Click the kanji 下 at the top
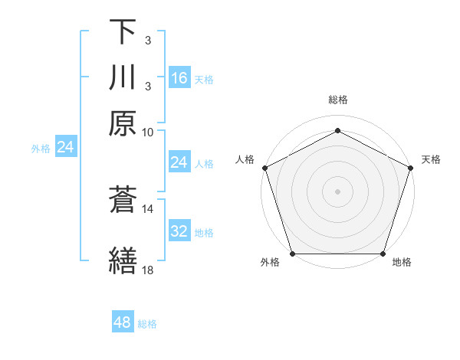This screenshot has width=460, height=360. pyautogui.click(x=123, y=32)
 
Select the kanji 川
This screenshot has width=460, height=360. pyautogui.click(x=123, y=77)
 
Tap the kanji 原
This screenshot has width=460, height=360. pyautogui.click(x=123, y=123)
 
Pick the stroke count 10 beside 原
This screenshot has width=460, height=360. pyautogui.click(x=149, y=132)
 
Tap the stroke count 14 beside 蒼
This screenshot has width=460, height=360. pyautogui.click(x=149, y=208)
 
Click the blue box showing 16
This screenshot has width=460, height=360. pyautogui.click(x=179, y=78)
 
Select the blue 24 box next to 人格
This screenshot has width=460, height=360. pyautogui.click(x=179, y=162)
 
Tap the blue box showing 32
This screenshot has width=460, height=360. pyautogui.click(x=179, y=231)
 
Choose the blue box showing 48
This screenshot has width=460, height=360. pyautogui.click(x=123, y=322)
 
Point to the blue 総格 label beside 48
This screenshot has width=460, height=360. pyautogui.click(x=147, y=324)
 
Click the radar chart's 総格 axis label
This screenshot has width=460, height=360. pyautogui.click(x=338, y=100)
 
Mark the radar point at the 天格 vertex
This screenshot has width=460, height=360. pyautogui.click(x=411, y=168)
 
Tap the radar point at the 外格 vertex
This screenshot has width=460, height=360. pyautogui.click(x=293, y=254)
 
